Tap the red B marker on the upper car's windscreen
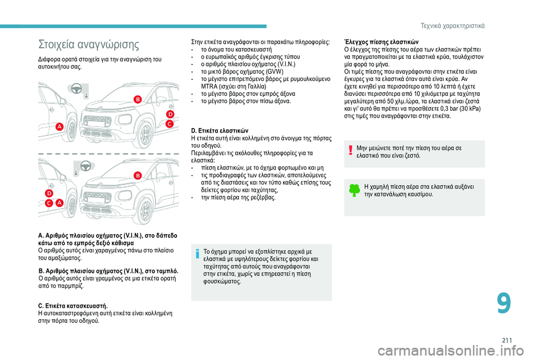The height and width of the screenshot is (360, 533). (138, 99)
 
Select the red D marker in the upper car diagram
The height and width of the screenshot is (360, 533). (170, 114)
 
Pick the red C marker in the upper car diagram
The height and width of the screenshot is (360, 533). (169, 125)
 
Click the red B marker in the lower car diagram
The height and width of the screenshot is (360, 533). (137, 175)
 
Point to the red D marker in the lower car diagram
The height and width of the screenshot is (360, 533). (49, 193)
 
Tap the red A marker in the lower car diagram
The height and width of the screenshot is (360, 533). (59, 203)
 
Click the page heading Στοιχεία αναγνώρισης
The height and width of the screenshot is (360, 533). (88, 44)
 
